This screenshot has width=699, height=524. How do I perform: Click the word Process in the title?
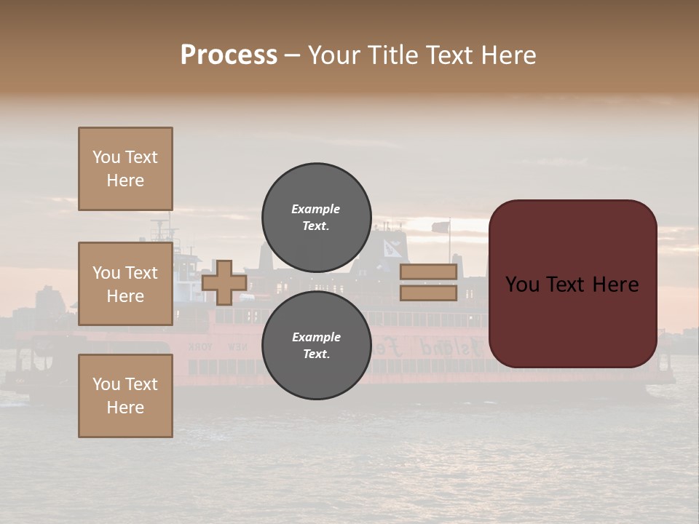(x=229, y=55)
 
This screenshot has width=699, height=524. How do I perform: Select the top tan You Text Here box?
(x=125, y=169)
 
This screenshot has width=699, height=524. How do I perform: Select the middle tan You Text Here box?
(x=125, y=284)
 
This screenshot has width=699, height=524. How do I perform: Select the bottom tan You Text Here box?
(x=125, y=396)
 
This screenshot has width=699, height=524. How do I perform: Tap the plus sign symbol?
(x=224, y=282)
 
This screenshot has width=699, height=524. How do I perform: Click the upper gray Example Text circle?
(x=316, y=218)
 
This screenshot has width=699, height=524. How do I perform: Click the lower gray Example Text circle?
(x=316, y=346)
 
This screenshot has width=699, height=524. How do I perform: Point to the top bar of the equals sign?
(x=428, y=272)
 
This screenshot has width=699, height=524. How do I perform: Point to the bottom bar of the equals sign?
(x=428, y=293)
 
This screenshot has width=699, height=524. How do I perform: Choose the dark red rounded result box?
(x=572, y=284)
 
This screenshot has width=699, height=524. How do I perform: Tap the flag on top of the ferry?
(x=441, y=227)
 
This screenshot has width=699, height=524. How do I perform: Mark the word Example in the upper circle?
(x=316, y=209)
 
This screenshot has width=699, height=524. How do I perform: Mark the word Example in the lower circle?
(x=316, y=337)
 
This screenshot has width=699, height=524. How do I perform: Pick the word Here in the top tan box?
(x=125, y=180)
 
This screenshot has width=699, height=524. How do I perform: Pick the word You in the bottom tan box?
(x=106, y=384)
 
